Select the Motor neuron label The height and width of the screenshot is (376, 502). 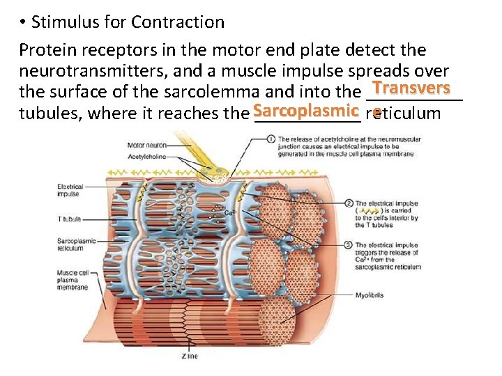click(x=146, y=146)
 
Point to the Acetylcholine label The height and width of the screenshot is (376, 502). click(x=147, y=157)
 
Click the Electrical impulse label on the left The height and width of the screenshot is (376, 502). click(x=70, y=190)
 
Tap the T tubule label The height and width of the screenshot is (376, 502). click(x=69, y=219)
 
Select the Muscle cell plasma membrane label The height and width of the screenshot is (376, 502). click(x=73, y=279)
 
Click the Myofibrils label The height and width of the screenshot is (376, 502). click(x=369, y=295)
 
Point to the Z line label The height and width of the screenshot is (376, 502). click(x=190, y=356)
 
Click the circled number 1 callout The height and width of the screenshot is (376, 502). click(x=271, y=139)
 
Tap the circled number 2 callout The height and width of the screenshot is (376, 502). click(x=349, y=203)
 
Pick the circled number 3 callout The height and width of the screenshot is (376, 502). click(x=349, y=245)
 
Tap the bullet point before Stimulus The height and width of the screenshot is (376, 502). click(x=23, y=23)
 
